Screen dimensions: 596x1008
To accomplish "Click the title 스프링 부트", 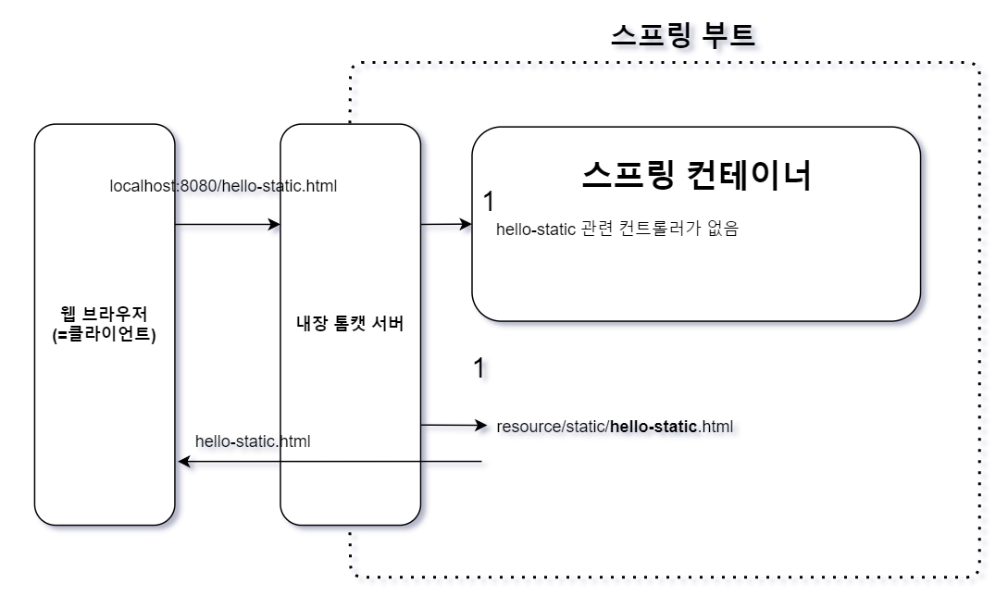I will tap(683, 34).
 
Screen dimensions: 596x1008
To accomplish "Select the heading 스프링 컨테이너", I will tap(696, 175).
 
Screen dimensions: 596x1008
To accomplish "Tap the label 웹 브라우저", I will tap(104, 315).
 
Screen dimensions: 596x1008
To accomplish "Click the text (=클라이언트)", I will tap(104, 334).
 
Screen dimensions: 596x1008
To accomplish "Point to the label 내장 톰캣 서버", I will tap(350, 325).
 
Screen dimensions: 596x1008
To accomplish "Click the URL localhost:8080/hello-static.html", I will tap(223, 186).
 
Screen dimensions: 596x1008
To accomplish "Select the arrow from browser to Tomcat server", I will tap(227, 225).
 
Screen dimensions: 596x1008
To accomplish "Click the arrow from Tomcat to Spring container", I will tap(446, 224).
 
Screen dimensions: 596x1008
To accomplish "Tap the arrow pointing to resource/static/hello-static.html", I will tap(453, 426).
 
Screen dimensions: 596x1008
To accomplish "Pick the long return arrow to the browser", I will tap(330, 462).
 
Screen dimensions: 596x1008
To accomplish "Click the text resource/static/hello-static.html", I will tap(615, 427).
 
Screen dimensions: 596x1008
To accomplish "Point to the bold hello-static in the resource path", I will tap(653, 427).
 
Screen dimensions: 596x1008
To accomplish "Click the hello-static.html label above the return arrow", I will tap(253, 441).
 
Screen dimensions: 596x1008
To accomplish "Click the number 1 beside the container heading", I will tap(490, 201).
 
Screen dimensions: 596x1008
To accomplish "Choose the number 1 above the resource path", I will tap(479, 367).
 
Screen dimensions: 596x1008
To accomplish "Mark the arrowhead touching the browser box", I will tap(182, 462).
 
